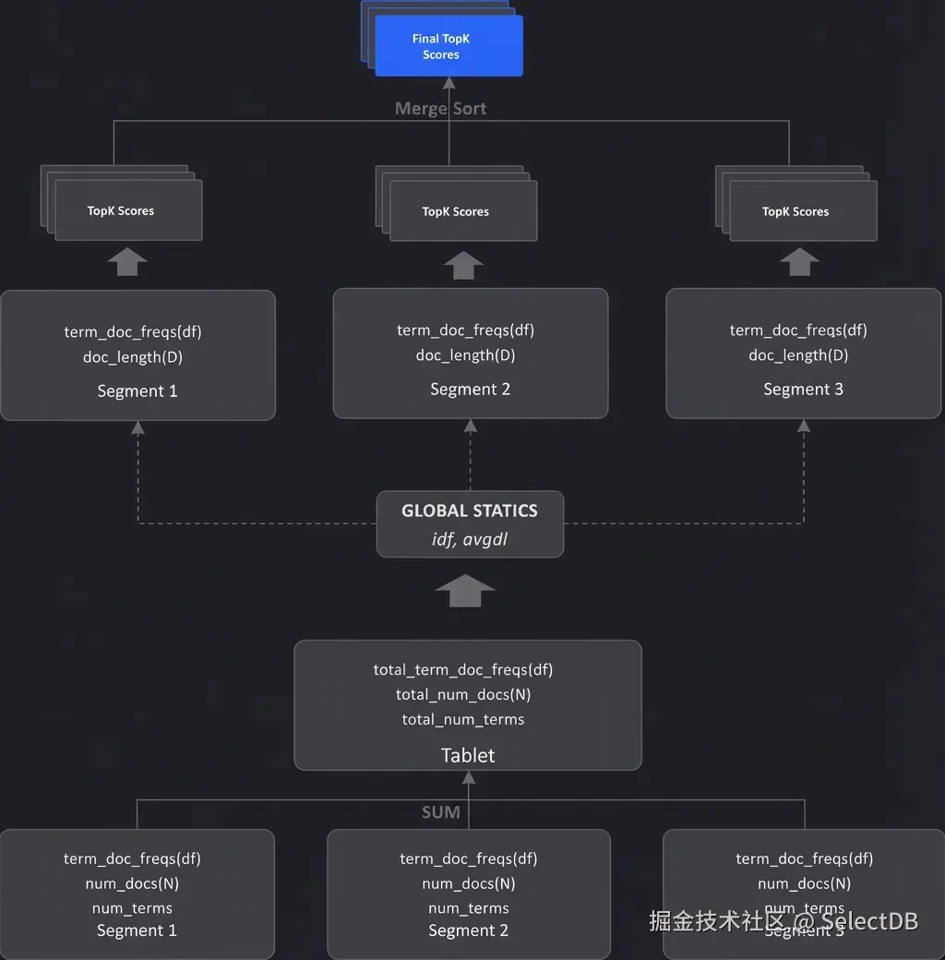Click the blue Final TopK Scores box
pyautogui.click(x=449, y=46)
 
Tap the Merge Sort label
pyautogui.click(x=440, y=108)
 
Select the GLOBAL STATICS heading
pyautogui.click(x=469, y=510)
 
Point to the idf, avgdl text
pyautogui.click(x=469, y=539)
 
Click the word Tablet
pyautogui.click(x=468, y=755)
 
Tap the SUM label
pyautogui.click(x=440, y=812)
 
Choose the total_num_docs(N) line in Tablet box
pyautogui.click(x=463, y=694)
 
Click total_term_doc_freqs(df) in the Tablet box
pyautogui.click(x=463, y=669)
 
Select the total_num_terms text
pyautogui.click(x=463, y=719)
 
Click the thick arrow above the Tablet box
pyautogui.click(x=465, y=591)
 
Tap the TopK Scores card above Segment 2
pyautogui.click(x=462, y=211)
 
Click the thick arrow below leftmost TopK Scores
pyautogui.click(x=127, y=262)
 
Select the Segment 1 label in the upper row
pyautogui.click(x=138, y=390)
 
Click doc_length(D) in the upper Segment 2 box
pyautogui.click(x=466, y=355)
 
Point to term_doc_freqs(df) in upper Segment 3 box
pyautogui.click(x=798, y=330)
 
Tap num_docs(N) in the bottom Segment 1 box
pyautogui.click(x=132, y=883)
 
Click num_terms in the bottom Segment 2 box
pyautogui.click(x=469, y=908)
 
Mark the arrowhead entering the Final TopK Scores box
pyautogui.click(x=449, y=83)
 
